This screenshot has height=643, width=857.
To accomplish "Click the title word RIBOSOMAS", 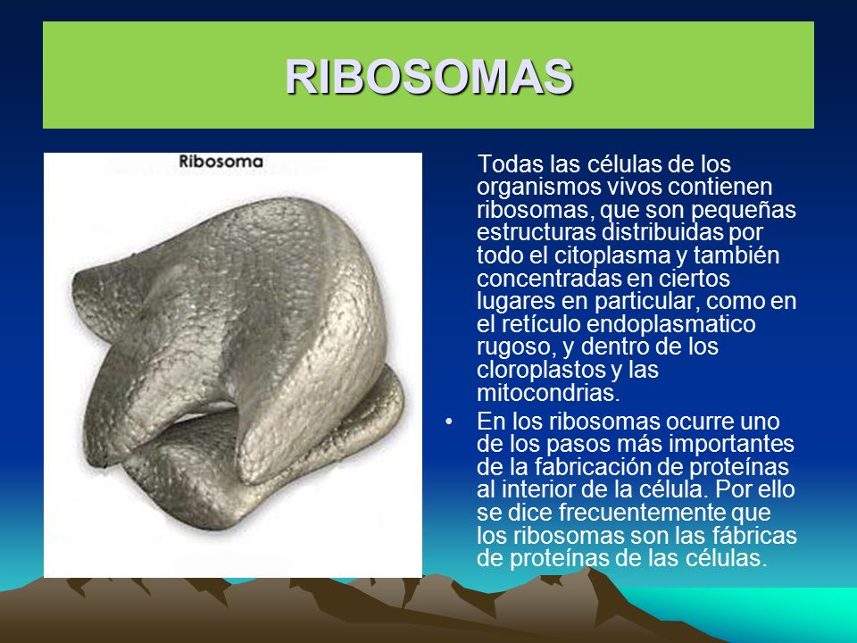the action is [x=429, y=76].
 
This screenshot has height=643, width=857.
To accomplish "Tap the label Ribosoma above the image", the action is [x=220, y=162].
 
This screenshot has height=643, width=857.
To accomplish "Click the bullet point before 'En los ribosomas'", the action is [x=449, y=422].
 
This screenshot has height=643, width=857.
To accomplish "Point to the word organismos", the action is [x=538, y=188].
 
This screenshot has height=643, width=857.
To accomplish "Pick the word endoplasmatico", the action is [x=671, y=324].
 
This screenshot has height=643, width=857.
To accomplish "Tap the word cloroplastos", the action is [x=540, y=370].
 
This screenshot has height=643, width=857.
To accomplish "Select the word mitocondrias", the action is [x=548, y=393].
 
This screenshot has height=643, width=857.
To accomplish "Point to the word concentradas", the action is [x=548, y=279].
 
